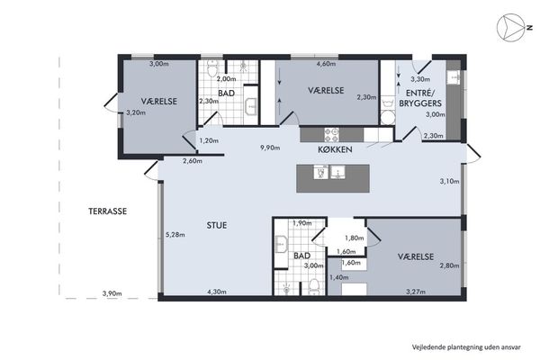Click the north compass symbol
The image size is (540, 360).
[510, 28]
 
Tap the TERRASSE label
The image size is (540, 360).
[107, 211]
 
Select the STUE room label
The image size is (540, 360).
[217, 225]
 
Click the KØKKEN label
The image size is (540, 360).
[335, 149]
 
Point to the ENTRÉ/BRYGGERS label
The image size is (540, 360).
[420, 98]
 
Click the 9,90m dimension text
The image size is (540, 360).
[270, 148]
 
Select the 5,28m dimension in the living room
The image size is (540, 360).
[175, 235]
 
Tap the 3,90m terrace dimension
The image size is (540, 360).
[112, 294]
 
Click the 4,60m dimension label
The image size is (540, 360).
[326, 63]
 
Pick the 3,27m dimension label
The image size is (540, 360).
[416, 292]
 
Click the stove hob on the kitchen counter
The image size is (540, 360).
[331, 135]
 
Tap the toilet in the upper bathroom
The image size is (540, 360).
[212, 67]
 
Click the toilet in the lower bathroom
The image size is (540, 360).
[314, 287]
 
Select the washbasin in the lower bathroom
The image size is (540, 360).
[282, 244]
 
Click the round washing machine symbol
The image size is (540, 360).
[388, 118]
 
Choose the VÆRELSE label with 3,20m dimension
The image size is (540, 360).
[158, 102]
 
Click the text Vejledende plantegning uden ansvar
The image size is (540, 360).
[466, 346]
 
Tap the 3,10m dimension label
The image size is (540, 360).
[449, 181]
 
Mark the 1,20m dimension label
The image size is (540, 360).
[209, 140]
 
